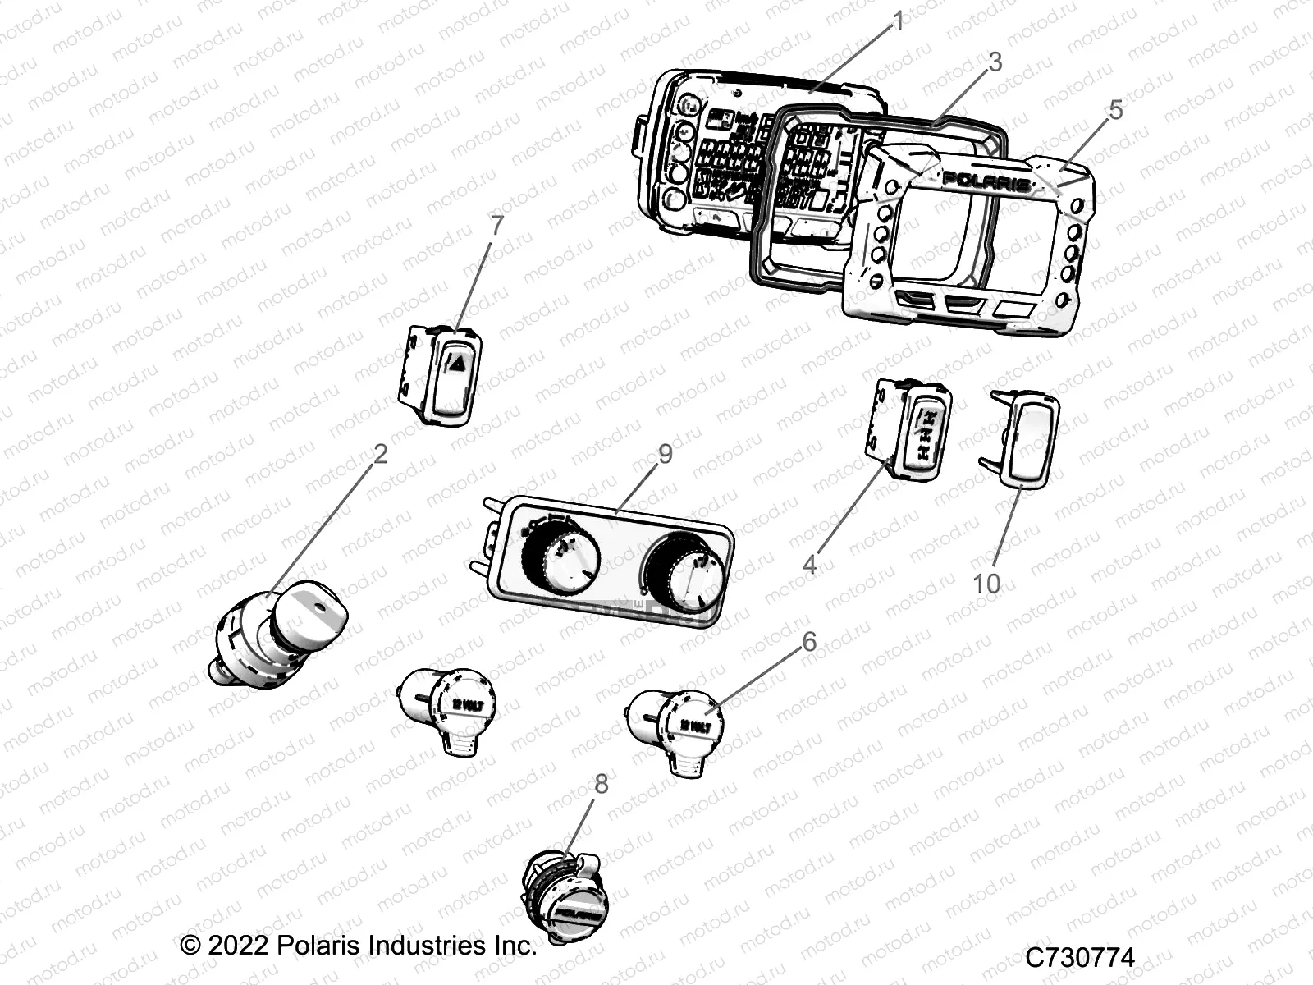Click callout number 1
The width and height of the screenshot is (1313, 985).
[x=898, y=21]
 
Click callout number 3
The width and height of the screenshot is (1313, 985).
[x=995, y=62]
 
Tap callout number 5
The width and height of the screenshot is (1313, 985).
[x=1114, y=109]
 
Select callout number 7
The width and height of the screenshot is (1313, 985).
[x=496, y=227]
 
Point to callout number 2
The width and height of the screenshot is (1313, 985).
[x=380, y=453]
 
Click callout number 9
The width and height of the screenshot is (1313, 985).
[x=665, y=453]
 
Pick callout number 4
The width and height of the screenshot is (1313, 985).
[x=809, y=564]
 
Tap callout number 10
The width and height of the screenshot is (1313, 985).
[x=986, y=584]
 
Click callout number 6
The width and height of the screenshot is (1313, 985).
[x=809, y=641]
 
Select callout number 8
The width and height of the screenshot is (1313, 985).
[x=602, y=784]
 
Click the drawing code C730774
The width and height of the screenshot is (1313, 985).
[x=1079, y=958]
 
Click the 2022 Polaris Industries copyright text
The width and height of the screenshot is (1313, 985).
[x=359, y=945]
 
